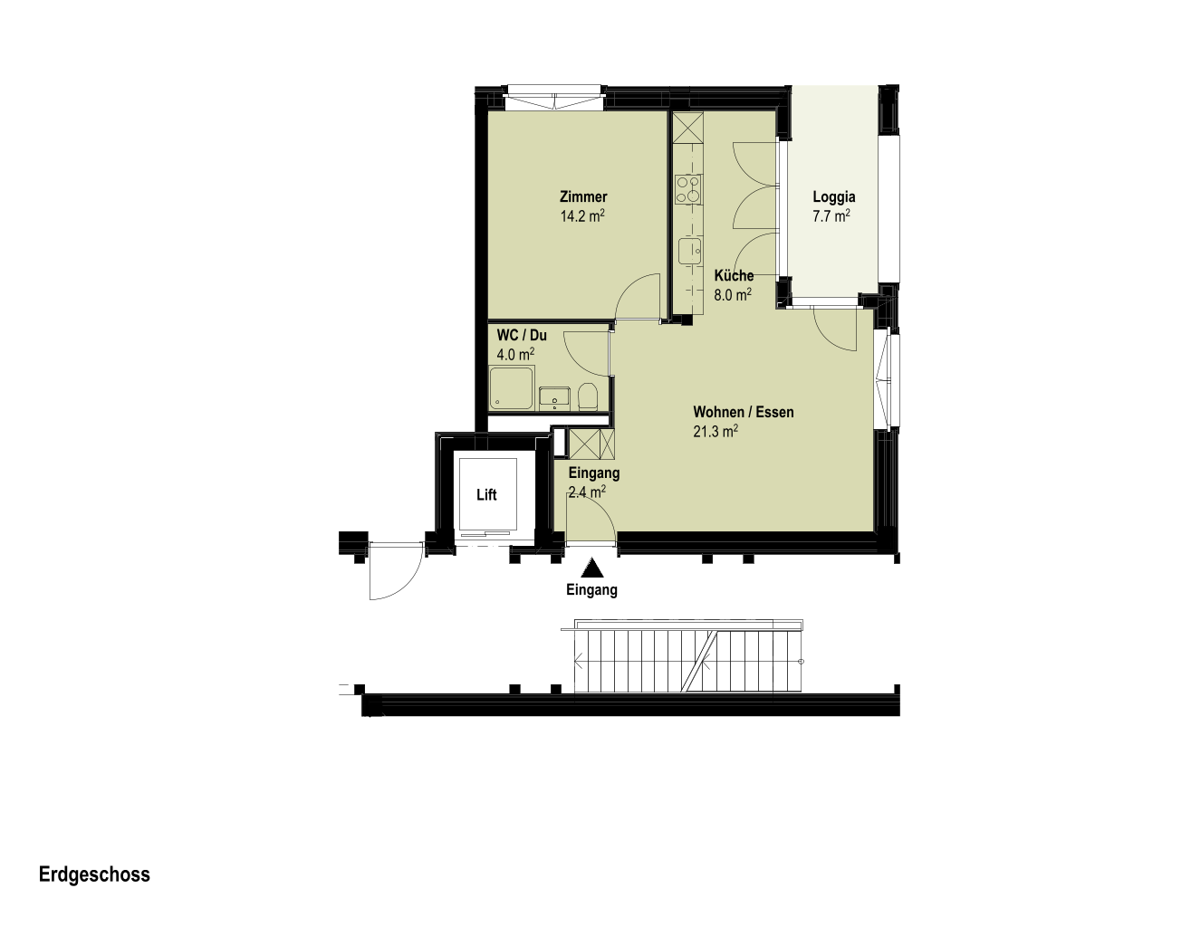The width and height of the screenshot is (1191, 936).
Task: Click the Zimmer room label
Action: [583, 196]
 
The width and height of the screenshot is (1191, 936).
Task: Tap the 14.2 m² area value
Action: [582, 215]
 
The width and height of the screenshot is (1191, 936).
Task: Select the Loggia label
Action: [834, 197]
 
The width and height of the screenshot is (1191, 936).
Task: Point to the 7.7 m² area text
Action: [831, 215]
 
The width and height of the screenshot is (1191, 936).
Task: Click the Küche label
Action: [734, 275]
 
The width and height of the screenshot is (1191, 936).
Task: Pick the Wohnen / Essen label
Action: [744, 412]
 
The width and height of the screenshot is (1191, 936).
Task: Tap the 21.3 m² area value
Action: [716, 431]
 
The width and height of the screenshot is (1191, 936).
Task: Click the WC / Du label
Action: [522, 335]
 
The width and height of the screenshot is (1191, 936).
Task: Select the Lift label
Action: [486, 494]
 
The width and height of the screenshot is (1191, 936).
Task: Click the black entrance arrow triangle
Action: [592, 568]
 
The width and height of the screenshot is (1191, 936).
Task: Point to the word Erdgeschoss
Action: [94, 874]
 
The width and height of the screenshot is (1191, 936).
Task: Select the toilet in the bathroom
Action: [587, 396]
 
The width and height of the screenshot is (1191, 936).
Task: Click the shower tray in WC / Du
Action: [512, 388]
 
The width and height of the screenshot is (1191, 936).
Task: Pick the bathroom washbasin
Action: [554, 397]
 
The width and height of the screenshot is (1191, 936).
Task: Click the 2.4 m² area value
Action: [587, 492]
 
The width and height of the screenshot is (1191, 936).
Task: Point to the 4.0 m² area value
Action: [515, 354]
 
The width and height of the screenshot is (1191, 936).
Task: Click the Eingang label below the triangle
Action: [591, 590]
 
